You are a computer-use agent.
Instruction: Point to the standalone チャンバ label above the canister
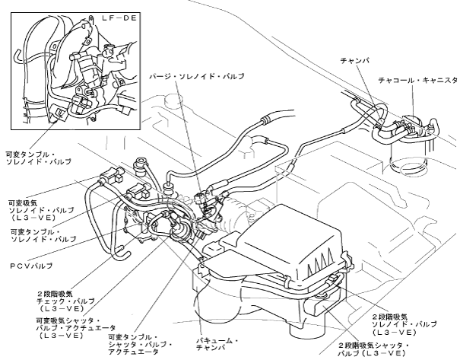pos(355,59)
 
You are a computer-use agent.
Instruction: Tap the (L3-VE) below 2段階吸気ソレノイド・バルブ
pos(393,333)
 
